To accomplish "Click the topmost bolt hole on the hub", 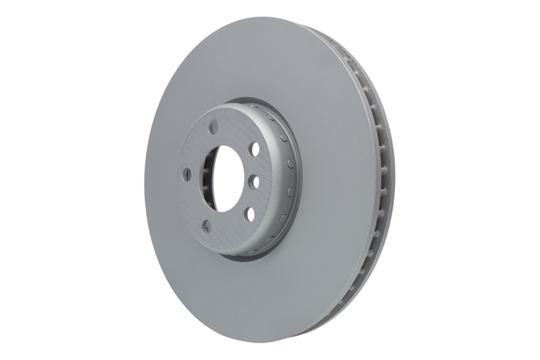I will click(213, 127).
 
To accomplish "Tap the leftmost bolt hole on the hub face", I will click(187, 175).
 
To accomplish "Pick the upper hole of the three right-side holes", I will click(254, 149).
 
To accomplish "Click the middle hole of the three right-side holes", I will click(252, 180).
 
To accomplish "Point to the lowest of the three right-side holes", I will click(250, 213).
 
